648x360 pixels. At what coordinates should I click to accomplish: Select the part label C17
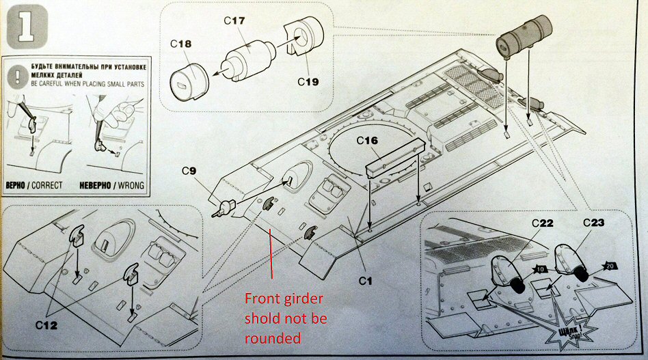[x=234, y=21]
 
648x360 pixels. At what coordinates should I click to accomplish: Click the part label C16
[x=368, y=141]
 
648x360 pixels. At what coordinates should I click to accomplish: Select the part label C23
[x=593, y=223]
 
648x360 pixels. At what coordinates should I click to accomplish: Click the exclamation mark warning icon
[x=15, y=75]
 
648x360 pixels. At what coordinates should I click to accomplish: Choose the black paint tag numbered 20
[x=610, y=266]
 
